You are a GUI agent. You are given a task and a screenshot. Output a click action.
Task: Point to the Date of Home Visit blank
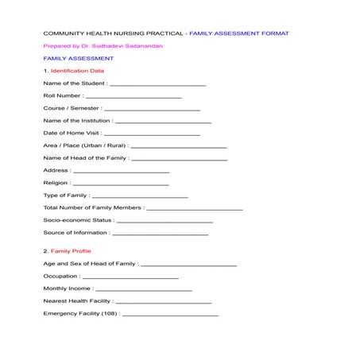click(x=152, y=134)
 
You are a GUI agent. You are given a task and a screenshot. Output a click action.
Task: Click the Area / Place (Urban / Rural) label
click(x=84, y=146)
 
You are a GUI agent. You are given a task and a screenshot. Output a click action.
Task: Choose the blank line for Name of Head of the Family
click(x=180, y=159)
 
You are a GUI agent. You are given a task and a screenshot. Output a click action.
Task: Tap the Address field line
click(x=121, y=172)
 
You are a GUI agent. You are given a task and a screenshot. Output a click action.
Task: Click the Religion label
click(x=56, y=183)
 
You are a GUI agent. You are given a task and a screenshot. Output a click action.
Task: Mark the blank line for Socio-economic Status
click(x=165, y=221)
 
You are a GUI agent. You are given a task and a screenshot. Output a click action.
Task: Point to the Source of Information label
click(x=75, y=233)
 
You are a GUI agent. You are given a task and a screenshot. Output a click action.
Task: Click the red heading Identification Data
click(x=77, y=71)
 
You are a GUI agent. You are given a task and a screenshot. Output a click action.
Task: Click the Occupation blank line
click(x=130, y=277)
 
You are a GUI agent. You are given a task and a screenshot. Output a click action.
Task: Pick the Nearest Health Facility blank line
click(x=164, y=303)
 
